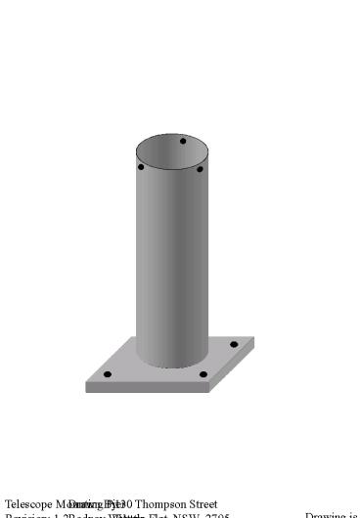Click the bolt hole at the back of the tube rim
182,142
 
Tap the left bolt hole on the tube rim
141,167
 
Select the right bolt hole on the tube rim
200,169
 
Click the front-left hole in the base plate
108,374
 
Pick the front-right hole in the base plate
203,374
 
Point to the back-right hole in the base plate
233,344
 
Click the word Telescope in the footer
27,504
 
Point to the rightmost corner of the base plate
254,338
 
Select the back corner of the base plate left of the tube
132,338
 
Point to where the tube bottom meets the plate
171,367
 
